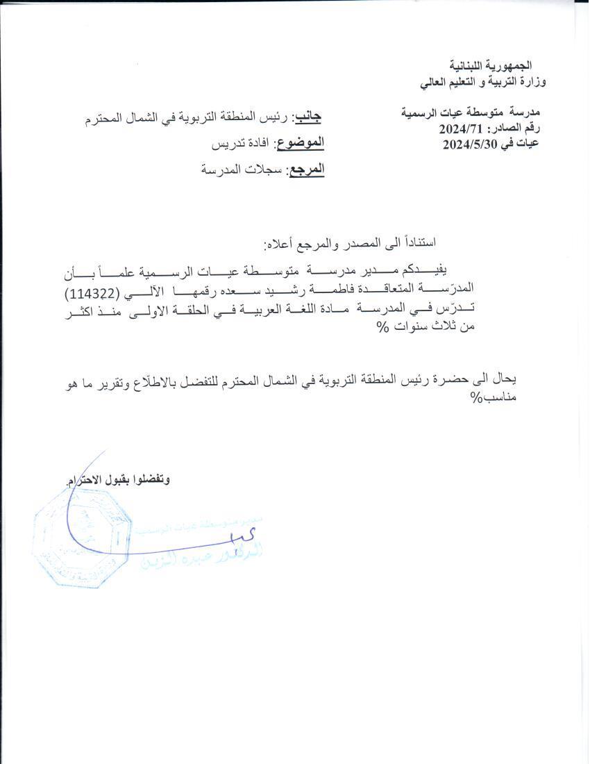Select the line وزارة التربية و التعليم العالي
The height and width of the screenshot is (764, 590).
(483, 82)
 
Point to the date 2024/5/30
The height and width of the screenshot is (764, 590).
(470, 144)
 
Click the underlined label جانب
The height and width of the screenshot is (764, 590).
(307, 117)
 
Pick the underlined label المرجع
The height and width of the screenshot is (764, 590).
(305, 169)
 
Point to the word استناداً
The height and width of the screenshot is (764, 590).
(414, 242)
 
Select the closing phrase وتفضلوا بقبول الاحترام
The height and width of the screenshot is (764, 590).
(118, 481)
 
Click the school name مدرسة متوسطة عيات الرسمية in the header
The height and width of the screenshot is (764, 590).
(473, 113)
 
